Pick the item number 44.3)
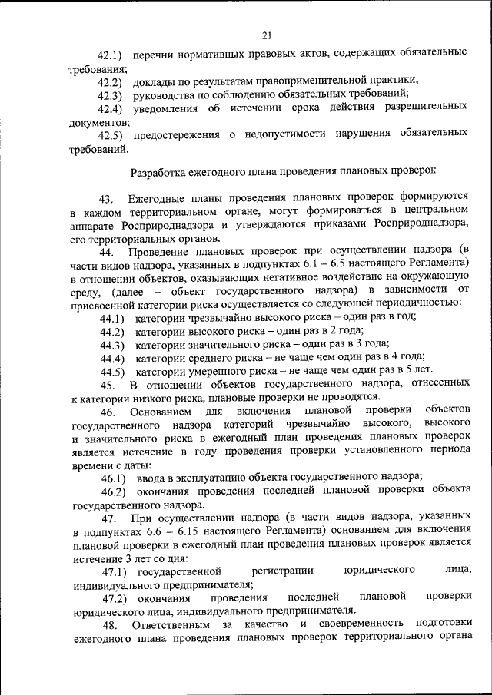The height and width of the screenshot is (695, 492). (112, 345)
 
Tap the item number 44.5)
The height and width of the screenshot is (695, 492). (112, 372)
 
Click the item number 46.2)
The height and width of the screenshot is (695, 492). (113, 492)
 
